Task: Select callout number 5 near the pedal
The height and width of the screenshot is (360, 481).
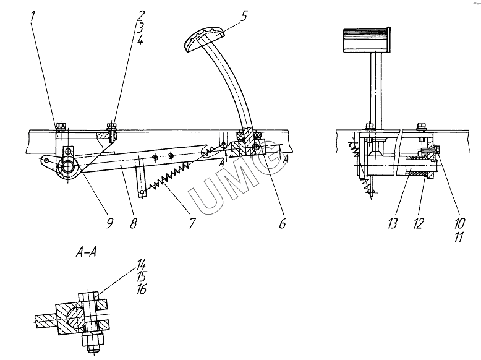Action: click(244, 16)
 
